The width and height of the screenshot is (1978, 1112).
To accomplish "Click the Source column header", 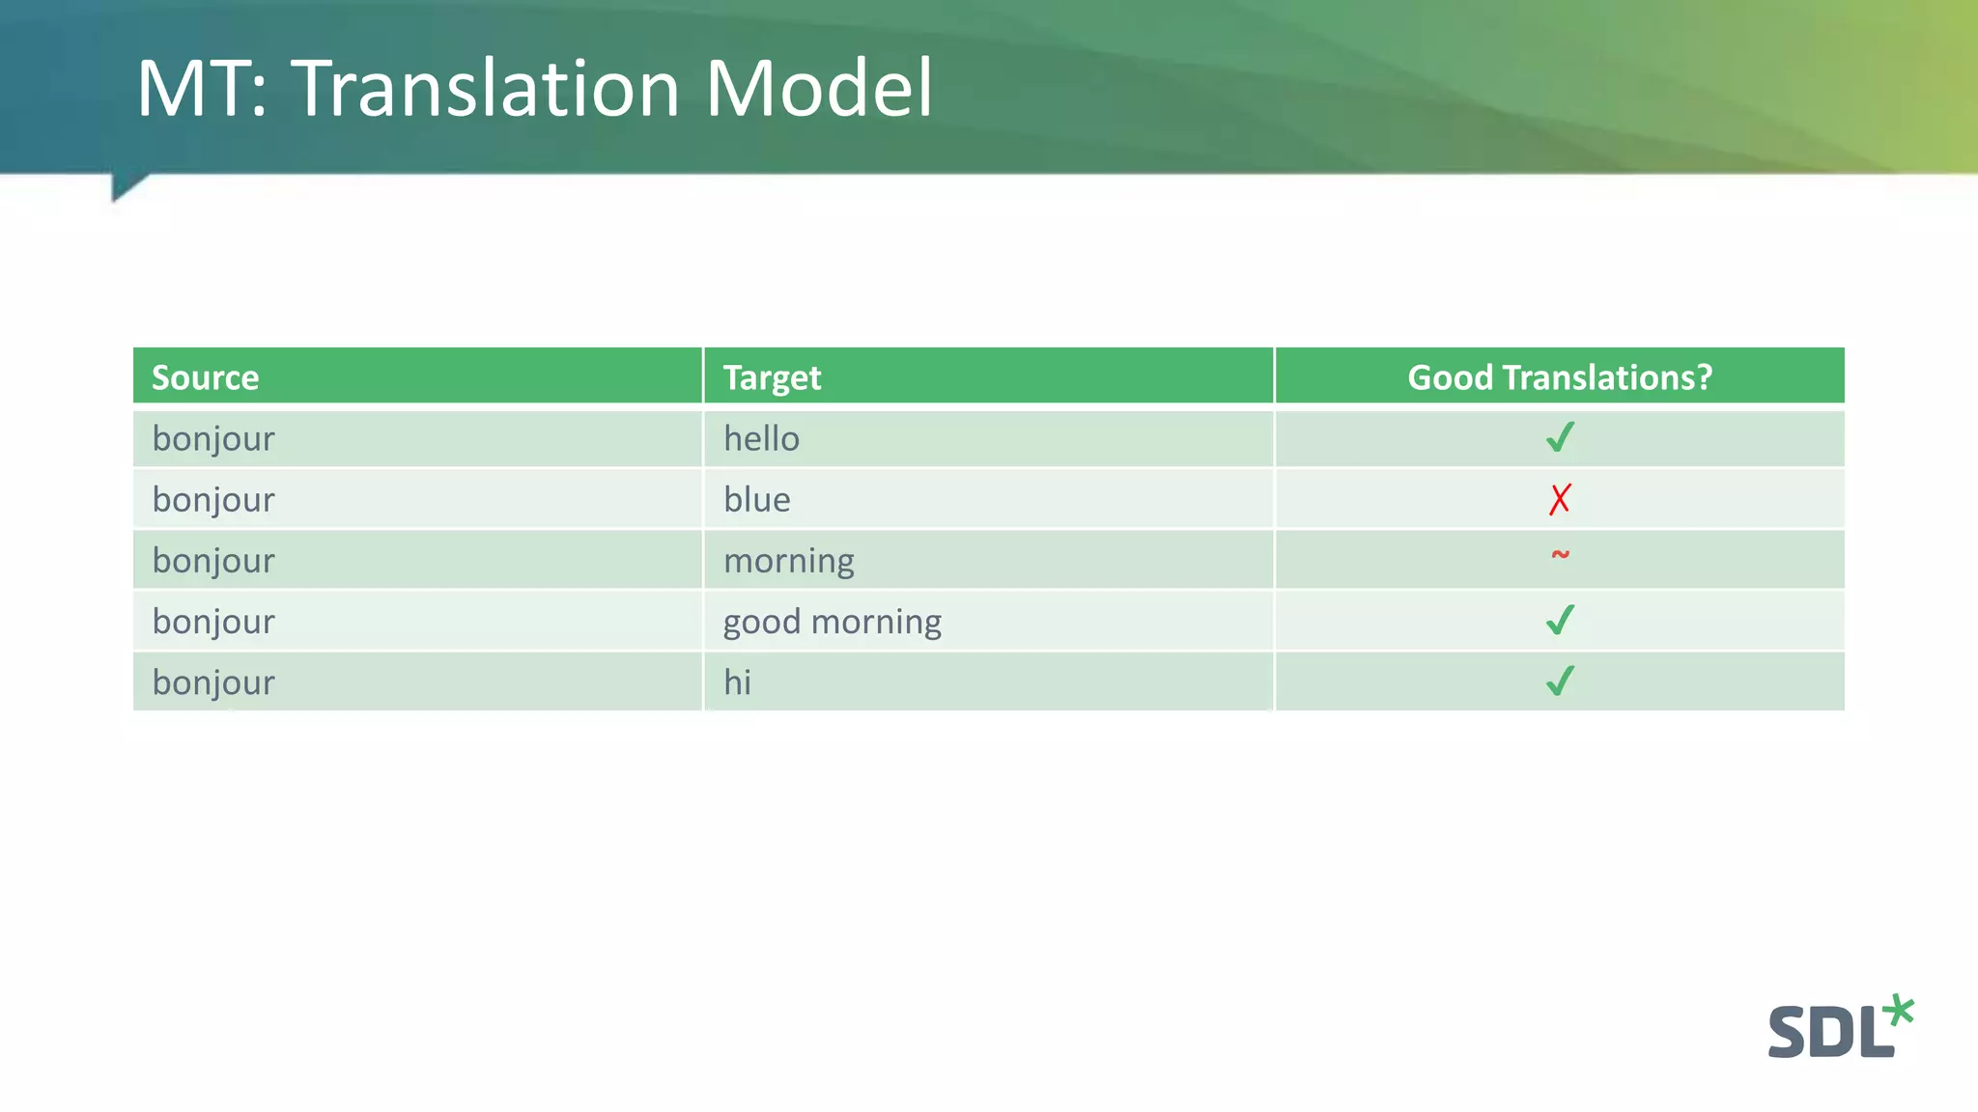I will click(205, 377).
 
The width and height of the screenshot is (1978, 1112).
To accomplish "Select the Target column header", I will click(772, 377).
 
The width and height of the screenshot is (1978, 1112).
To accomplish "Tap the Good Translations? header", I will click(1559, 377).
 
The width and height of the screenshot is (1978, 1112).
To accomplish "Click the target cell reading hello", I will click(761, 439).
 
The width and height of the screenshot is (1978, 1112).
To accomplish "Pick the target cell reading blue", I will click(756, 500).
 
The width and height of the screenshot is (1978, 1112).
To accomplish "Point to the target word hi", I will click(737, 682).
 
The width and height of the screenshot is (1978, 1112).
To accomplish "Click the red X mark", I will click(1560, 499).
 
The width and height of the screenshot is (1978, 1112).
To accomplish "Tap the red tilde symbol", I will click(1560, 555).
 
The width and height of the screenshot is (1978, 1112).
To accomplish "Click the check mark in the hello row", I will click(1560, 437).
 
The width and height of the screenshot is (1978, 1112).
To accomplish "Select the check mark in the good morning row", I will click(1560, 620).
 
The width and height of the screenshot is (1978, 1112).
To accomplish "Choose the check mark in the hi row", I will click(1560, 681).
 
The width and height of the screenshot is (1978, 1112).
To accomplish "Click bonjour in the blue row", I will click(213, 500).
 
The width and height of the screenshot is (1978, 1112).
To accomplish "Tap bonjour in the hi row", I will click(213, 682).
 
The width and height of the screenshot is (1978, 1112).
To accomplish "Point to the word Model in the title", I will click(818, 89).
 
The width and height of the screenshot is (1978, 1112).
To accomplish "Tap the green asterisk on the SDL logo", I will click(1898, 1011).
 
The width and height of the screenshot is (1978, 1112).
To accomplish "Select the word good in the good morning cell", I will click(762, 623).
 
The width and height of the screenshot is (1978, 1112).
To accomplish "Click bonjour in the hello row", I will click(213, 439).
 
